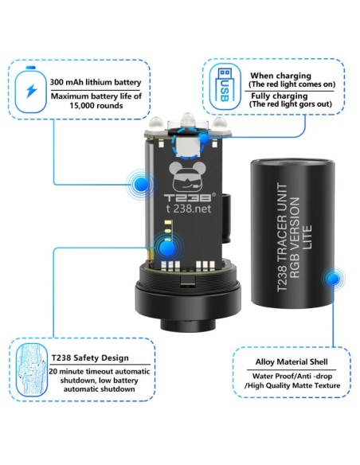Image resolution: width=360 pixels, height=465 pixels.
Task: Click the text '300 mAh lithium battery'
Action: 96,81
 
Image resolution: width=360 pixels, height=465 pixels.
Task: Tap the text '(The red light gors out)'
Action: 291,104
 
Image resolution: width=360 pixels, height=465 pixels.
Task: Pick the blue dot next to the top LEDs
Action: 207,139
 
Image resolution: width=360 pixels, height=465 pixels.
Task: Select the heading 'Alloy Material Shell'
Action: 292,361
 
